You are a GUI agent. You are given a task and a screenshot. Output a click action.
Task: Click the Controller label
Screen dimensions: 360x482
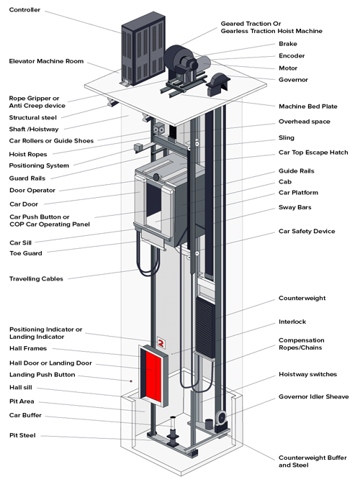pos(24,10)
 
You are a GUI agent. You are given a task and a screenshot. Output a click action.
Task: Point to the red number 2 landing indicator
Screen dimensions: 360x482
pos(161,342)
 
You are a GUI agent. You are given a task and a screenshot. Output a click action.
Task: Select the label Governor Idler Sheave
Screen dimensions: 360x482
pos(313,396)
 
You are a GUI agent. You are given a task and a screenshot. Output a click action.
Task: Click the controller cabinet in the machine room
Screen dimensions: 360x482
pos(143,49)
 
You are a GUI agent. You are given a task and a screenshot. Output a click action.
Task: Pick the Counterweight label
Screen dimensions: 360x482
pos(302,298)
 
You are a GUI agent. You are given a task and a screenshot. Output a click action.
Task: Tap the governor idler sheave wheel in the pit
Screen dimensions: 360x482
pos(221,417)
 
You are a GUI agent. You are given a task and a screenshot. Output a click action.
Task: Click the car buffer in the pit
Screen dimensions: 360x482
pos(173,431)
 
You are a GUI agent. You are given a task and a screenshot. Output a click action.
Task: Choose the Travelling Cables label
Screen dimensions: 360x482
pos(36,279)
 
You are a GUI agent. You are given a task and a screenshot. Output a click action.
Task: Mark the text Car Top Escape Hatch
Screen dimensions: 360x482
pos(313,153)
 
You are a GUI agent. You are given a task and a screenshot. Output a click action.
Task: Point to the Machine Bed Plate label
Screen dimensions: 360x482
pos(308,106)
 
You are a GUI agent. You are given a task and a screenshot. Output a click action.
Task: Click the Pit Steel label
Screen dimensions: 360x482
pos(22,435)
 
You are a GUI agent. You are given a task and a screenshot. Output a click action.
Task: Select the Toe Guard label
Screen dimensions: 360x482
pos(26,253)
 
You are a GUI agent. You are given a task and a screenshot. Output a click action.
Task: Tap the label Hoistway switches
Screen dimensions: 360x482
pos(307,374)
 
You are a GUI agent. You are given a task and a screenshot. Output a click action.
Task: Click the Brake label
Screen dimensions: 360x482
pos(288,44)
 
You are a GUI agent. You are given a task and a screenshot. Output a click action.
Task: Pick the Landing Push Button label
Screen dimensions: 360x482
pos(42,375)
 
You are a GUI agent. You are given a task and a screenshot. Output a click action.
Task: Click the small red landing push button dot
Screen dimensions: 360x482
pos(131,381)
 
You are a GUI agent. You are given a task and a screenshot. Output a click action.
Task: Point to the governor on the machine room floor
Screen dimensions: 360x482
pos(218,84)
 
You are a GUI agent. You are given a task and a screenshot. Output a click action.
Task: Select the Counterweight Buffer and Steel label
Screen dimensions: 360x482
pos(312,461)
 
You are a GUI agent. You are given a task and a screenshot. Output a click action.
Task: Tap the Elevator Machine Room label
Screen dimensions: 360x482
pos(46,61)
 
